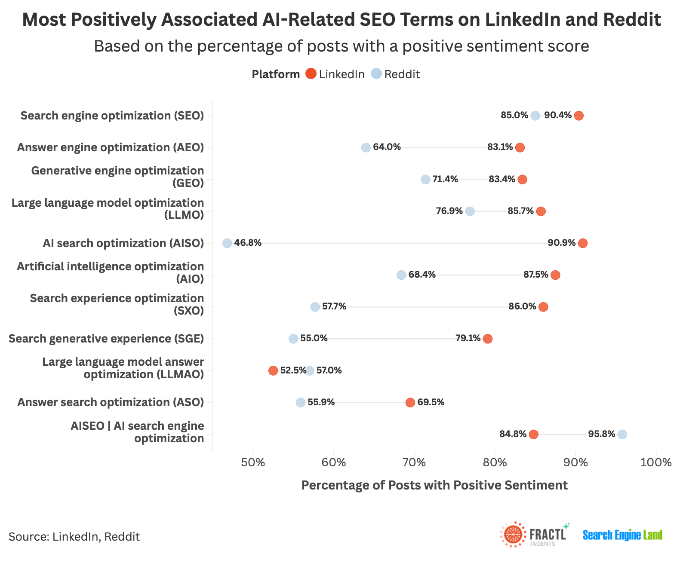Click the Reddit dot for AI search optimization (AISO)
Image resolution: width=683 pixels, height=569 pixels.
[x=227, y=243]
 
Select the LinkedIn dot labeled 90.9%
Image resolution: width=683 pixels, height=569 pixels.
[x=583, y=243]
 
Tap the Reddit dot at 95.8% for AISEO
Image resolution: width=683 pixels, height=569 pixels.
[x=622, y=434]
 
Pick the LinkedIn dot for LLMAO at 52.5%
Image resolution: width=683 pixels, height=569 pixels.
[x=273, y=370]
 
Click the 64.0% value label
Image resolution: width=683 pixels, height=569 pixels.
[x=387, y=147]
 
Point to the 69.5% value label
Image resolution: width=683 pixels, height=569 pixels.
[x=431, y=402]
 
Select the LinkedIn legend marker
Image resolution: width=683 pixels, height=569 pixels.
[x=311, y=74]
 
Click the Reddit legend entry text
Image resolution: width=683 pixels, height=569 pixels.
[x=402, y=74]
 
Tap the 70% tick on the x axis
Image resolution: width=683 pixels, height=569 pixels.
[x=414, y=463]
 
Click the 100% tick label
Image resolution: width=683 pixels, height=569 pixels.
[x=655, y=463]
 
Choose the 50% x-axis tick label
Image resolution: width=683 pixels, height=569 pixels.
[x=253, y=463]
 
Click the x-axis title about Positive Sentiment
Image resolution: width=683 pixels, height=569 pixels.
[x=434, y=485]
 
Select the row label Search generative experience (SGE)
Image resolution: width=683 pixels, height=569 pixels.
[x=106, y=339]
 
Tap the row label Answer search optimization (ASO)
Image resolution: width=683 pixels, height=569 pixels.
[x=111, y=402]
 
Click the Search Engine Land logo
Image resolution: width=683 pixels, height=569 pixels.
[x=622, y=535]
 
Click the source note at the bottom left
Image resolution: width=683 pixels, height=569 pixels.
[x=74, y=537]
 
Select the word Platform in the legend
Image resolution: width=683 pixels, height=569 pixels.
[x=276, y=74]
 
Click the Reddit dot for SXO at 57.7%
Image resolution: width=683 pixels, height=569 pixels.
[x=315, y=307]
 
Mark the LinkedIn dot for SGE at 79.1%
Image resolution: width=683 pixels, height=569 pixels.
[x=488, y=339]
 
